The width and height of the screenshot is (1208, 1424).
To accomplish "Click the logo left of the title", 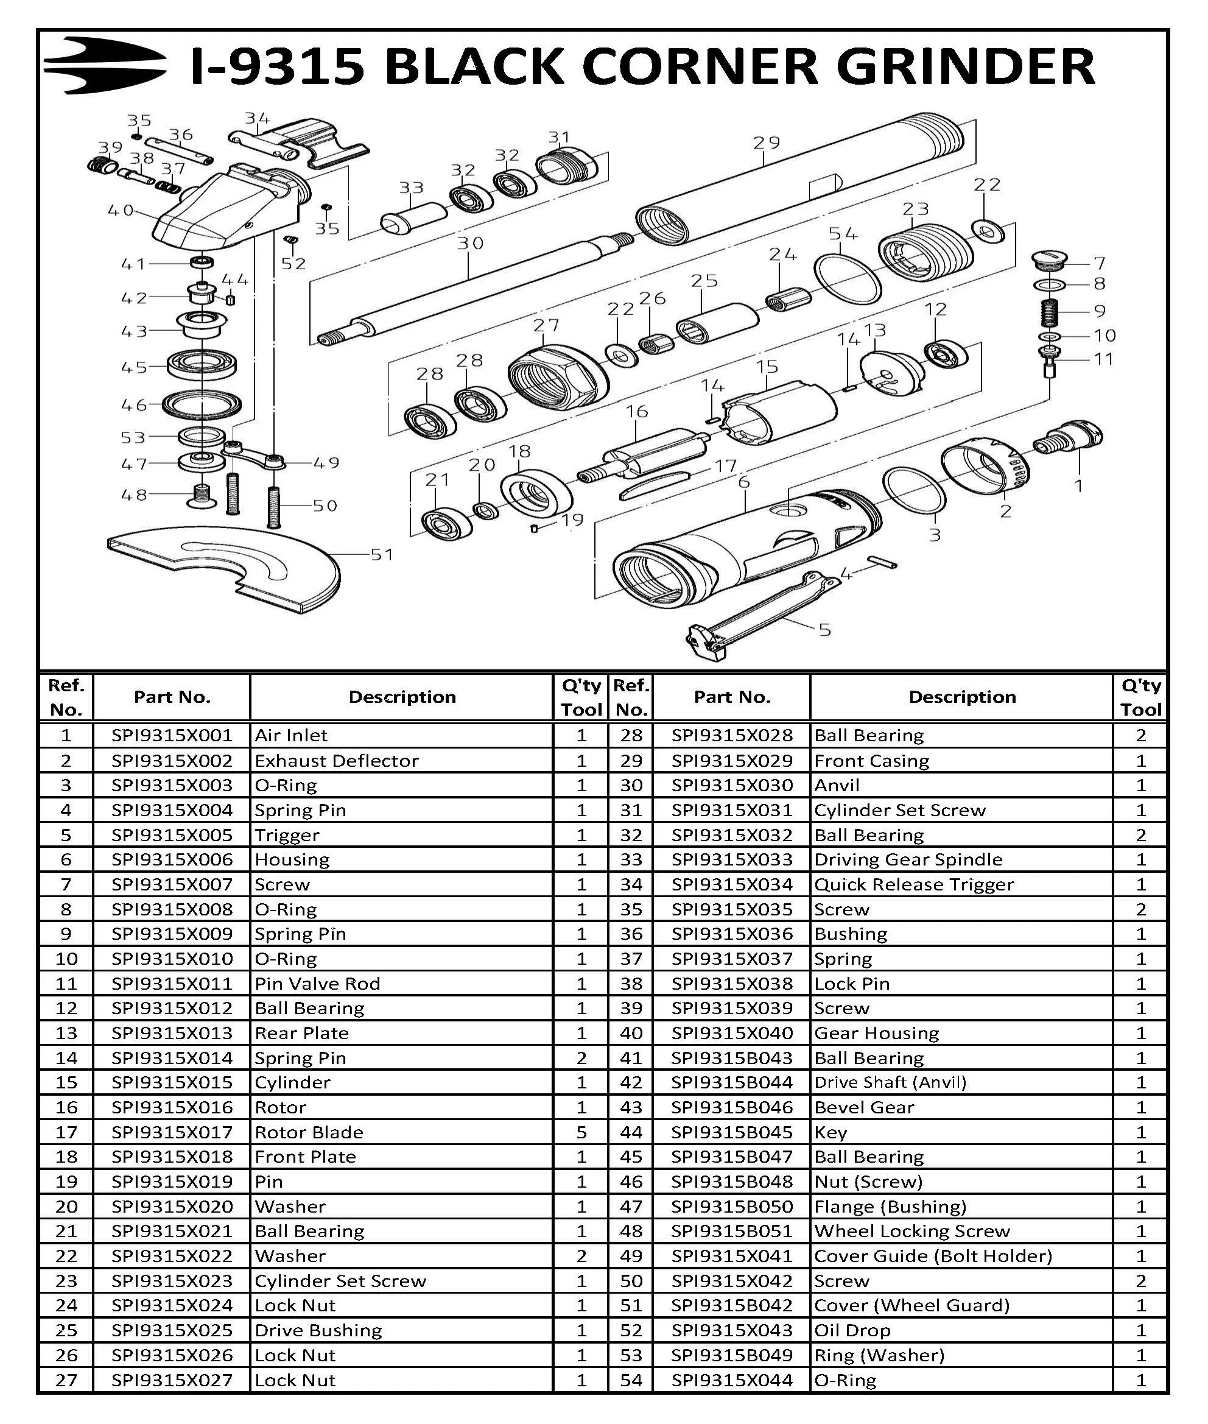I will pyautogui.click(x=104, y=66).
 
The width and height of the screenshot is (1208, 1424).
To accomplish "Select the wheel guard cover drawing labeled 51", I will pyautogui.click(x=226, y=565).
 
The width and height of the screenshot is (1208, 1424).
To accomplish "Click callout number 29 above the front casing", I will pyautogui.click(x=767, y=143).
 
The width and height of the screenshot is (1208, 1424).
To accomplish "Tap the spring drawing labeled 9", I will pyautogui.click(x=1050, y=313).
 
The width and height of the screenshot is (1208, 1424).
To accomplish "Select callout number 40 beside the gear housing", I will pyautogui.click(x=121, y=210).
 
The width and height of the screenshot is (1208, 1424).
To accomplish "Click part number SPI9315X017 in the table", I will pyautogui.click(x=172, y=1132).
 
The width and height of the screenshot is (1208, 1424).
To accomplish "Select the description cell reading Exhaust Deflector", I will pyautogui.click(x=336, y=760).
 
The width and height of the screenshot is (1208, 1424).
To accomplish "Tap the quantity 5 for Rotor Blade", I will pyautogui.click(x=581, y=1132).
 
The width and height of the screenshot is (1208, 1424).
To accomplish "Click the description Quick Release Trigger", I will pyautogui.click(x=913, y=884).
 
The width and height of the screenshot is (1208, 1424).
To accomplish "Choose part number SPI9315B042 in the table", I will pyautogui.click(x=731, y=1305).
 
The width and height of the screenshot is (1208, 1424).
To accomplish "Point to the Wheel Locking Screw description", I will pyautogui.click(x=911, y=1231).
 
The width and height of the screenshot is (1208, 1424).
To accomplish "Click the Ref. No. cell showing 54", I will pyautogui.click(x=631, y=1380).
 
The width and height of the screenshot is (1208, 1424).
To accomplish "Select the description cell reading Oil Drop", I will pyautogui.click(x=852, y=1330).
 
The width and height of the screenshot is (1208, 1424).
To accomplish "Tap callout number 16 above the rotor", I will pyautogui.click(x=636, y=411).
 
